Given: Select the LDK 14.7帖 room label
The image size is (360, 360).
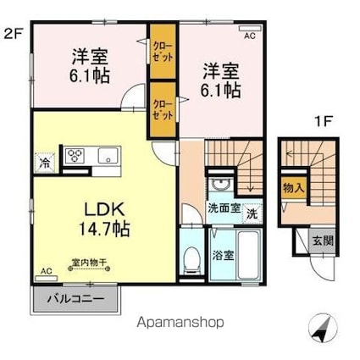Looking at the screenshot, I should pyautogui.click(x=104, y=218).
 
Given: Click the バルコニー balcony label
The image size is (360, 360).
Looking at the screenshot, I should pyautogui.click(x=75, y=298).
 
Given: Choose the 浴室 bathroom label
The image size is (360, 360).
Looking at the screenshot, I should pyautogui.click(x=224, y=252).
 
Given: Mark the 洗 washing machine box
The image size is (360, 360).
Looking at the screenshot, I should pyautogui.click(x=252, y=214).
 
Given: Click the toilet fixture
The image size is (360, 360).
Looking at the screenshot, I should pyautogui.click(x=191, y=259).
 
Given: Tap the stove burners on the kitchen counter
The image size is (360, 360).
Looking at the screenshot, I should pyautogui.click(x=75, y=155).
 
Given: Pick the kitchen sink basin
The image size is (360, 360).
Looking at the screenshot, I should pyautogui.click(x=107, y=155).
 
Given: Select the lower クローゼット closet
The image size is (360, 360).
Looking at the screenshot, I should pyautogui.click(x=160, y=108).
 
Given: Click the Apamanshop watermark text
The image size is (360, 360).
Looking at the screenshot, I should pyautogui.click(x=180, y=322).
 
